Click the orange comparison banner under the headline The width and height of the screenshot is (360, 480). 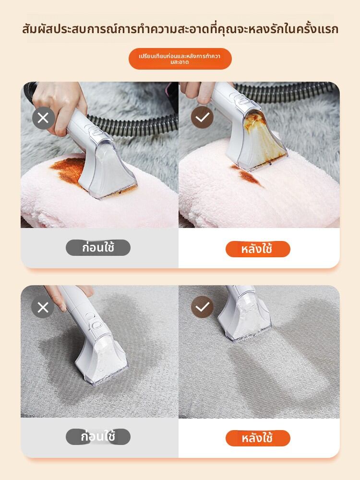pyautogui.click(x=180, y=59)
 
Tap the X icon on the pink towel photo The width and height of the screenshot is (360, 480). pyautogui.click(x=43, y=118)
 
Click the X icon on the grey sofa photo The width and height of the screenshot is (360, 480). pyautogui.click(x=43, y=307)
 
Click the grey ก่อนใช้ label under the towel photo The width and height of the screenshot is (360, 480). pyautogui.click(x=98, y=248)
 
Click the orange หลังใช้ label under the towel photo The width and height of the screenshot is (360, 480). pyautogui.click(x=258, y=249)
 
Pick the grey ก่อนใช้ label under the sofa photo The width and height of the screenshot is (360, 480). pyautogui.click(x=98, y=437)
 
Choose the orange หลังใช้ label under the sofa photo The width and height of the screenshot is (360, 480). pyautogui.click(x=258, y=438)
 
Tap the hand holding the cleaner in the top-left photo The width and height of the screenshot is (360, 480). pyautogui.click(x=60, y=103)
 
